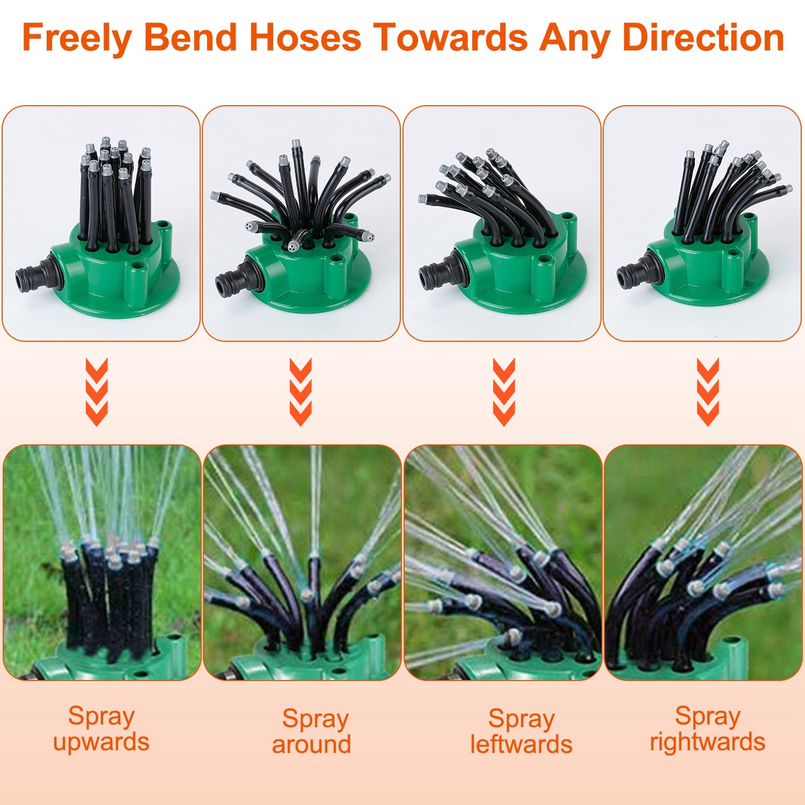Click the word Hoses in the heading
click(305, 38)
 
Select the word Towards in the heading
click(451, 38)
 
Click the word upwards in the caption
click(101, 742)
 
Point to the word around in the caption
click(311, 745)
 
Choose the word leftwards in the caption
click(521, 745)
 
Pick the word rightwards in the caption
click(707, 742)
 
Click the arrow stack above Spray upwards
click(97, 392)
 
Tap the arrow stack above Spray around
click(301, 392)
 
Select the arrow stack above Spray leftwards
click(504, 392)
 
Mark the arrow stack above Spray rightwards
click(708, 392)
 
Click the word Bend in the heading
click(191, 38)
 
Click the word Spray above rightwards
click(707, 716)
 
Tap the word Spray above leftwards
click(521, 719)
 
